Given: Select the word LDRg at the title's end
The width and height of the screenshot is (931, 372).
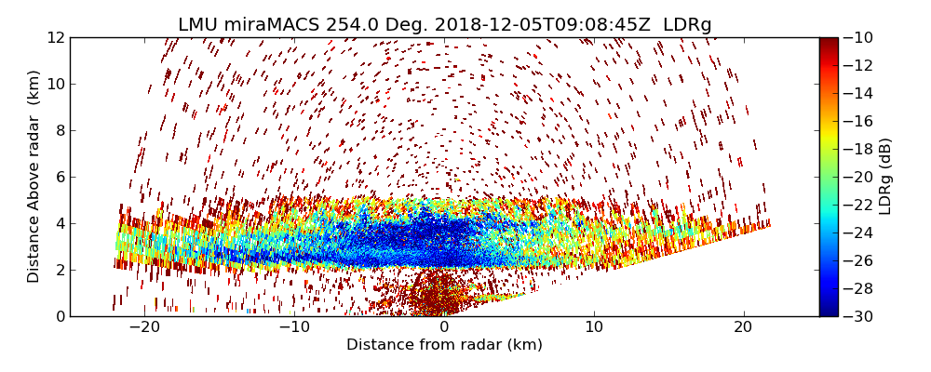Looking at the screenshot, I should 687,25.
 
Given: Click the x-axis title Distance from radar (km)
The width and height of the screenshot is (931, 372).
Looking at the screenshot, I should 444,345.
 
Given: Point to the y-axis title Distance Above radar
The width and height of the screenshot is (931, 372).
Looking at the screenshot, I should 34,176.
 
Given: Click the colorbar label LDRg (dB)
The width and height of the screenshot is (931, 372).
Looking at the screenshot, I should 885,176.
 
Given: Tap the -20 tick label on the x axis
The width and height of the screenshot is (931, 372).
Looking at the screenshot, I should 144,327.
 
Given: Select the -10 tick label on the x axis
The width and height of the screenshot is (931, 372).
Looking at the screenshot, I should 294,327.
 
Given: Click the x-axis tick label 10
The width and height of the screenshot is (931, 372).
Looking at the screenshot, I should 594,327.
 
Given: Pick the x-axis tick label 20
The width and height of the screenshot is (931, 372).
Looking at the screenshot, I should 743,327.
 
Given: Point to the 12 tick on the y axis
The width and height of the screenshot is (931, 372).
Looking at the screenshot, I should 55,37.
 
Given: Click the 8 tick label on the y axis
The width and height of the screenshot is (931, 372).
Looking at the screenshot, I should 59,130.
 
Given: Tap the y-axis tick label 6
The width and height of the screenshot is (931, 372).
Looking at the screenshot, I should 59,177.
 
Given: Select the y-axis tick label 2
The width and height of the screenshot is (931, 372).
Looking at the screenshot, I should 59,270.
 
